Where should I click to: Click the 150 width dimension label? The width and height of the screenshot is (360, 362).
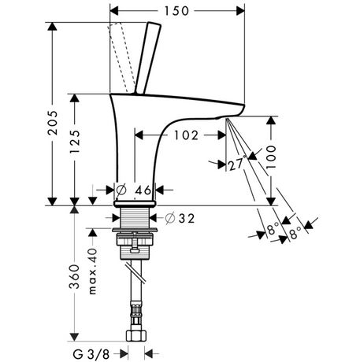click(176, 11)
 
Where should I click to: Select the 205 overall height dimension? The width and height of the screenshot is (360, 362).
click(53, 123)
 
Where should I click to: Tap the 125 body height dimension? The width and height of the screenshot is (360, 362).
click(75, 142)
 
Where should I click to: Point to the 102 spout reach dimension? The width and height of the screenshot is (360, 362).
click(186, 135)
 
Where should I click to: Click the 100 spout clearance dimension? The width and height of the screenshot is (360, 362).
click(271, 157)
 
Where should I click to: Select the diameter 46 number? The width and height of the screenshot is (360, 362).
click(143, 190)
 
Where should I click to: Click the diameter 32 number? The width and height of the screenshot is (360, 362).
click(187, 218)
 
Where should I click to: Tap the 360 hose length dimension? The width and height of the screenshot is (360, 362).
click(75, 277)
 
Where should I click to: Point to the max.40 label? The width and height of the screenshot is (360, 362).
click(93, 271)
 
